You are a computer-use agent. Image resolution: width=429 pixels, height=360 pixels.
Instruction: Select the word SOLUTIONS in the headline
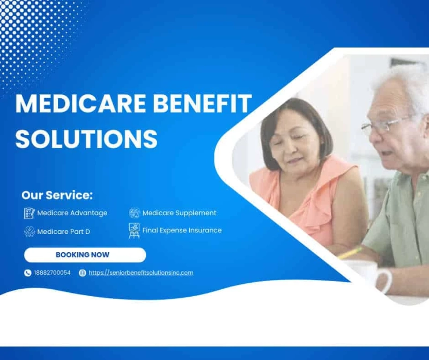click(x=86, y=138)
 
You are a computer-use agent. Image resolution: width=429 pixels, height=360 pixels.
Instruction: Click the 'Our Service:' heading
click(x=57, y=195)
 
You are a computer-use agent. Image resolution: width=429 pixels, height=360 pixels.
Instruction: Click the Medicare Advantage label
click(x=72, y=213)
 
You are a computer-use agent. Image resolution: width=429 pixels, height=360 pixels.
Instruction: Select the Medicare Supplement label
click(x=179, y=213)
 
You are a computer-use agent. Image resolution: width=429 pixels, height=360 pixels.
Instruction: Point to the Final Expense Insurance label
click(x=182, y=230)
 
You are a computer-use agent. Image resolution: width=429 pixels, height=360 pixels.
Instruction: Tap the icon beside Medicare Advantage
click(x=29, y=213)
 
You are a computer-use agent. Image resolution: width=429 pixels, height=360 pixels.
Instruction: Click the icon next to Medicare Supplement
click(x=134, y=213)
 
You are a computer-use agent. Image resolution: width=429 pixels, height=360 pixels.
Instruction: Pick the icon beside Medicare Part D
click(x=29, y=232)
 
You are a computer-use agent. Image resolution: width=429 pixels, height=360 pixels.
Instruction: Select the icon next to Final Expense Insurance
click(x=134, y=230)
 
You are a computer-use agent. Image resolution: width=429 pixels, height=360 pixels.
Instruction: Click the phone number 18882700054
click(x=52, y=273)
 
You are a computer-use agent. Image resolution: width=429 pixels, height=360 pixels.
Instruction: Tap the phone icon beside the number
click(x=28, y=273)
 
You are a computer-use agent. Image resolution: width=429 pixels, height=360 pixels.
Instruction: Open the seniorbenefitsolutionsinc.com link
click(x=141, y=273)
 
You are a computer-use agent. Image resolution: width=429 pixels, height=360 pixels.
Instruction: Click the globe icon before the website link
click(x=82, y=273)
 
